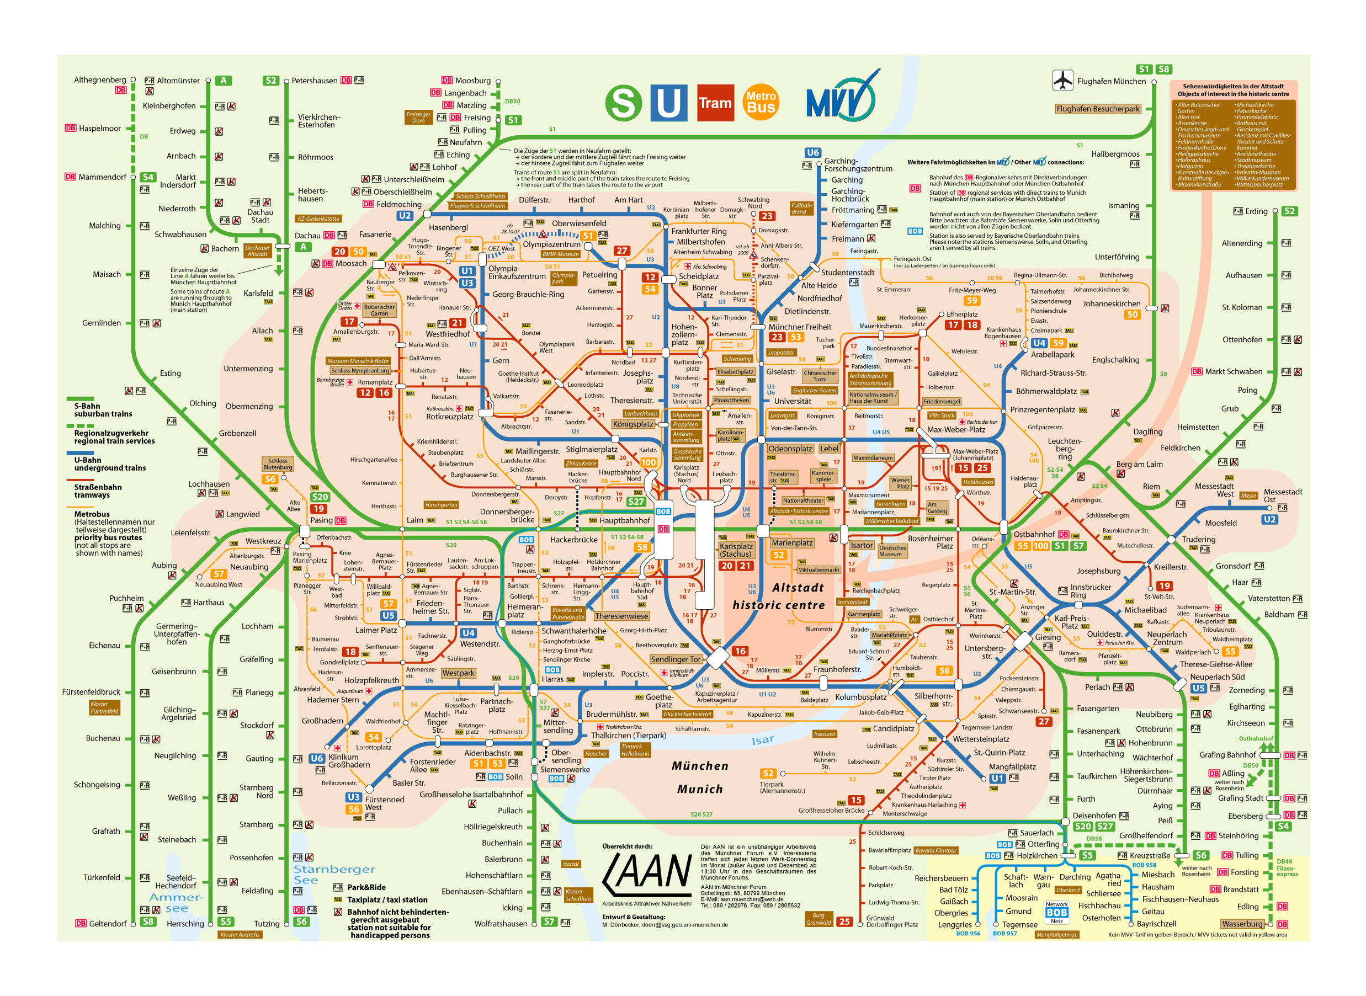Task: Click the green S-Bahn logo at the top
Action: pyautogui.click(x=623, y=103)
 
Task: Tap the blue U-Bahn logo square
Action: pyautogui.click(x=668, y=103)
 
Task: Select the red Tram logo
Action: pyautogui.click(x=715, y=103)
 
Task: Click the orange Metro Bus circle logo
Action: pyautogui.click(x=761, y=103)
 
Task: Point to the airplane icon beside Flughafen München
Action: pyautogui.click(x=1062, y=80)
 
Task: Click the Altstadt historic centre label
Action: pyautogui.click(x=779, y=596)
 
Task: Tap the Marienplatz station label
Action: pyautogui.click(x=792, y=542)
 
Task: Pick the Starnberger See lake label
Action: pyautogui.click(x=334, y=874)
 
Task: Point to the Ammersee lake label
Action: pyautogui.click(x=177, y=903)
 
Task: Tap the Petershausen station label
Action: pyautogui.click(x=314, y=80)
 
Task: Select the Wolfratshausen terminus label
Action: pyautogui.click(x=501, y=924)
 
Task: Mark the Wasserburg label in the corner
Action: pyautogui.click(x=1242, y=924)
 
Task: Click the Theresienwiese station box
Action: pyautogui.click(x=621, y=616)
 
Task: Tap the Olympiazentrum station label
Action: pyautogui.click(x=551, y=244)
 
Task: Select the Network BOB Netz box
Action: pyautogui.click(x=1056, y=912)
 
